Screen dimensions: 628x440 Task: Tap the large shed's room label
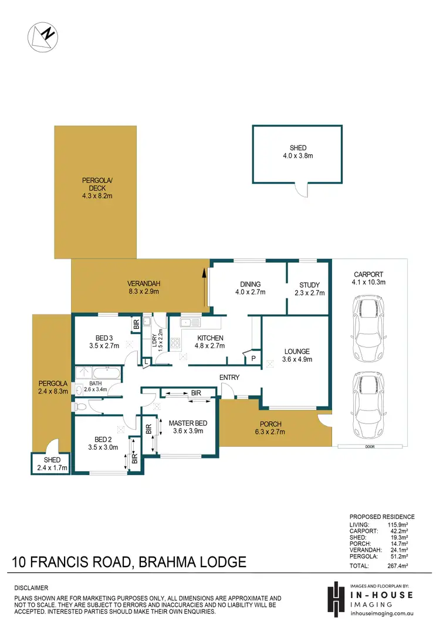click(297, 152)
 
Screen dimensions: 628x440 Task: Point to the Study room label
click(309, 288)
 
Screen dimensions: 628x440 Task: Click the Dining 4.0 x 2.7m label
click(250, 288)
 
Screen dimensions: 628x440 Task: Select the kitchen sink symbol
click(190, 322)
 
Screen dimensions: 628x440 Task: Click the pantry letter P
click(253, 358)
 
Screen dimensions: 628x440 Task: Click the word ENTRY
click(229, 377)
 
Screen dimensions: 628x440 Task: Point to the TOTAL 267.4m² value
click(402, 566)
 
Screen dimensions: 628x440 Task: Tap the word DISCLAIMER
click(31, 588)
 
